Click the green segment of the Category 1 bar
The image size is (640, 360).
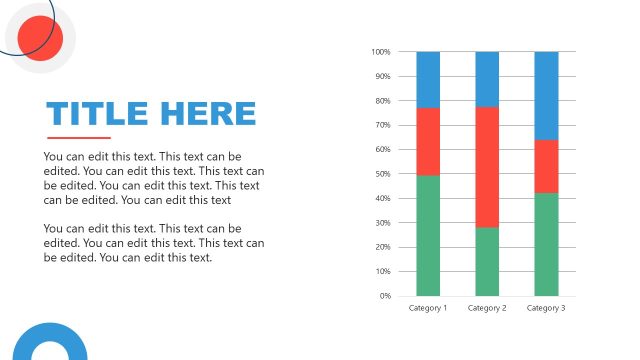(x=428, y=235)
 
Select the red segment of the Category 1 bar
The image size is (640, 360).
(x=428, y=141)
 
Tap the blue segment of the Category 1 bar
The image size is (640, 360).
(x=428, y=79)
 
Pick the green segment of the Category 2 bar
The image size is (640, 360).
(x=487, y=261)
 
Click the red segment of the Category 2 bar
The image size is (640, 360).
(x=487, y=167)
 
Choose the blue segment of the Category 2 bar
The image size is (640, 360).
(x=487, y=79)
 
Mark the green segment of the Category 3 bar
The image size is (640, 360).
(x=546, y=244)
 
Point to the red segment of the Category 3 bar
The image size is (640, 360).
(x=546, y=166)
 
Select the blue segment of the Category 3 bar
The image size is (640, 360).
(x=546, y=95)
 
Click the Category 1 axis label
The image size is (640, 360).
(x=428, y=308)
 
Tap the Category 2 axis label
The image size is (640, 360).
(x=487, y=308)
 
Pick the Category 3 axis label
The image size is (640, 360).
(x=546, y=308)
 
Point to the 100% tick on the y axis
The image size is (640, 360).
(x=380, y=52)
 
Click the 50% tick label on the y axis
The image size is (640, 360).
(x=382, y=174)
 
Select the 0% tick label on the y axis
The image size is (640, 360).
(x=384, y=296)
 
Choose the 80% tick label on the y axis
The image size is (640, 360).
(x=382, y=101)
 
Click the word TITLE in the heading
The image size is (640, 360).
(x=95, y=114)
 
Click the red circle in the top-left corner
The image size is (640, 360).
(x=41, y=39)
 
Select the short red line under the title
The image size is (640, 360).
(x=79, y=138)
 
